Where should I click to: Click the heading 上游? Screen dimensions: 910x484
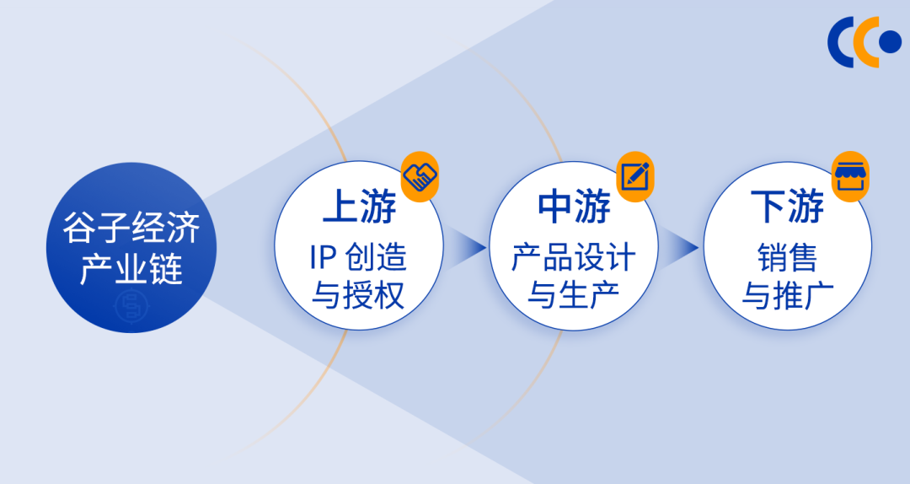[359, 208]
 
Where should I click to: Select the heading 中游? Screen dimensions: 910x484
[574, 208]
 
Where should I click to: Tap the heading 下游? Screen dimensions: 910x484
[788, 208]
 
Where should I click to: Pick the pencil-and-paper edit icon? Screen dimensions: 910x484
[635, 176]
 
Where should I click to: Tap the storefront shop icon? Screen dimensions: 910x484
[851, 176]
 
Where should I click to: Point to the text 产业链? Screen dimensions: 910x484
[131, 271]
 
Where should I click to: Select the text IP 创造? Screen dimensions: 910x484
[359, 256]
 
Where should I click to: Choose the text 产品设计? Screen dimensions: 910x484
[574, 256]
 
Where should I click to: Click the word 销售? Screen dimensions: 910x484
[788, 256]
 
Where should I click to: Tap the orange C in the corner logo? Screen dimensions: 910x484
[864, 41]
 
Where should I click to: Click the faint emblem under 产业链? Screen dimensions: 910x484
[131, 305]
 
